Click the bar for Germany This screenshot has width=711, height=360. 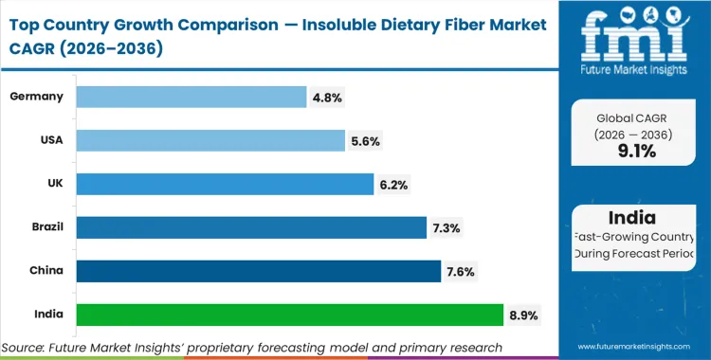pos(191,97)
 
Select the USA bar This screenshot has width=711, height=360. pos(210,140)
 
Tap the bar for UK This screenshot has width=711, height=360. pos(225,184)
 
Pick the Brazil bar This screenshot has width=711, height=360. pos(251,227)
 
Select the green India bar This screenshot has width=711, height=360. pos(289,315)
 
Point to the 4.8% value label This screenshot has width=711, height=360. pos(327,97)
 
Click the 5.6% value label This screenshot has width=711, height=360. pos(365,140)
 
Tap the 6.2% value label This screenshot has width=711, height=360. pos(394,184)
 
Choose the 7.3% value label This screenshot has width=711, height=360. pos(447,227)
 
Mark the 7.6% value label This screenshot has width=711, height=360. pos(461,271)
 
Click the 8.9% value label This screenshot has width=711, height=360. pos(523,315)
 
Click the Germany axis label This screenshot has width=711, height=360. pos(35,97)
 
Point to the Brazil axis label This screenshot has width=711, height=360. pos(42,227)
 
